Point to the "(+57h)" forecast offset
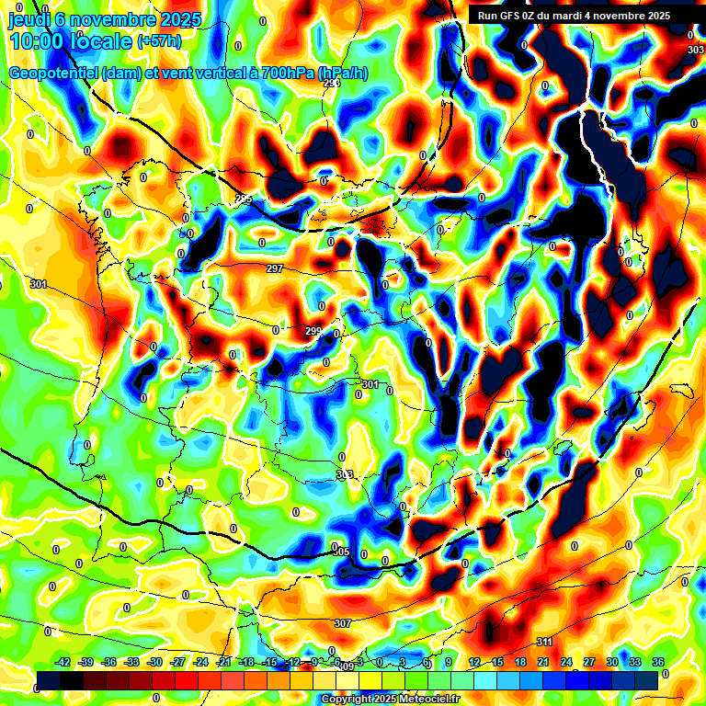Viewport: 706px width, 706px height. point(159,41)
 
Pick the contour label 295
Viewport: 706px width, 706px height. point(244,199)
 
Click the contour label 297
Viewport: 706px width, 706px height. point(275,268)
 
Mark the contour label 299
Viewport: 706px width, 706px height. point(313,331)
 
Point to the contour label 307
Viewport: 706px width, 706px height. point(343,623)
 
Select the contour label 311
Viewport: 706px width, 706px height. point(544,642)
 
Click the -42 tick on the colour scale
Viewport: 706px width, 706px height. point(63,662)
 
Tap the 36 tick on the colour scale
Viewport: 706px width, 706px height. point(658,662)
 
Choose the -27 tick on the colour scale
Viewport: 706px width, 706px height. point(177,662)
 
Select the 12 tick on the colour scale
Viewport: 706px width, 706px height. point(473,662)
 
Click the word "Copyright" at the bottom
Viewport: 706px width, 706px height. point(348,699)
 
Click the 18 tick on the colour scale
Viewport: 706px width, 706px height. point(520,662)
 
